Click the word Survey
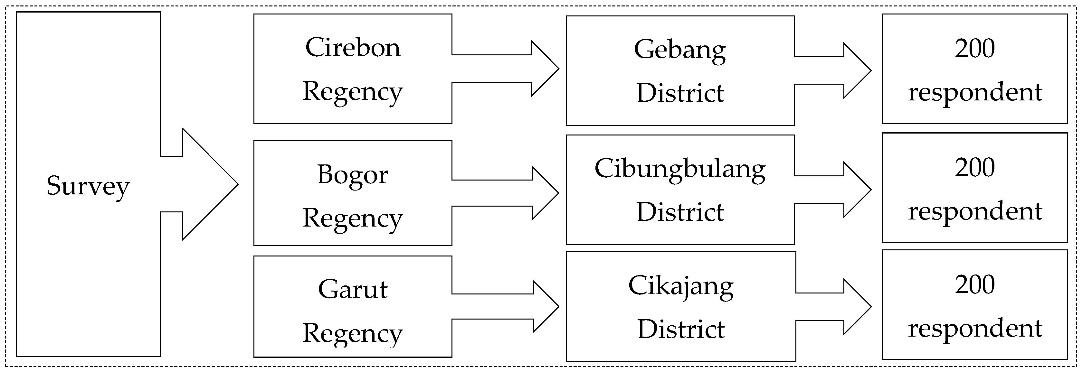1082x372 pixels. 88,187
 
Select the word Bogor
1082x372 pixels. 353,175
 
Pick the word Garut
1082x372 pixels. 353,289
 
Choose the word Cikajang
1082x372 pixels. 681,287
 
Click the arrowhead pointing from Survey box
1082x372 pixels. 210,184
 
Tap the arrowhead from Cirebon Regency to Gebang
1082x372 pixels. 545,69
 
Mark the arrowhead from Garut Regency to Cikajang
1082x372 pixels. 546,306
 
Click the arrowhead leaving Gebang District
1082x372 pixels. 858,70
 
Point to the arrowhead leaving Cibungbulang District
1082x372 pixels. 858,190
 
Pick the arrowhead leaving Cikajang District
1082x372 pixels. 858,306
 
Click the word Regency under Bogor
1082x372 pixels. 353,219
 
